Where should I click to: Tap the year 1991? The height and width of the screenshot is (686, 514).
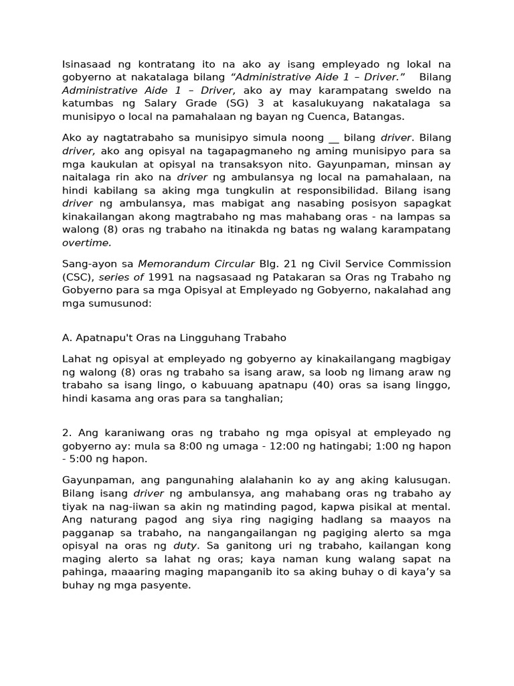point(162,277)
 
